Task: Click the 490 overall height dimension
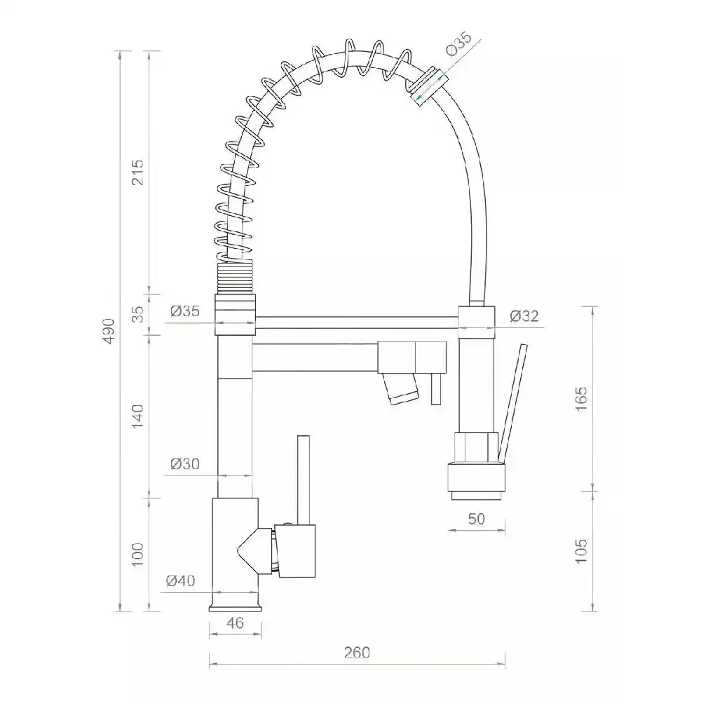[109, 331]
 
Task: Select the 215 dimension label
[138, 172]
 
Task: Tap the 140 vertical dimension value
[138, 416]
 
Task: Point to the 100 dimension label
[138, 554]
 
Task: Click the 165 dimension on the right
[580, 399]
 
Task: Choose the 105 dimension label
[580, 551]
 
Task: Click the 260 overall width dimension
[357, 653]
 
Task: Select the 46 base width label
[235, 622]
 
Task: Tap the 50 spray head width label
[477, 519]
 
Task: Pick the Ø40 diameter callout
[181, 580]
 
